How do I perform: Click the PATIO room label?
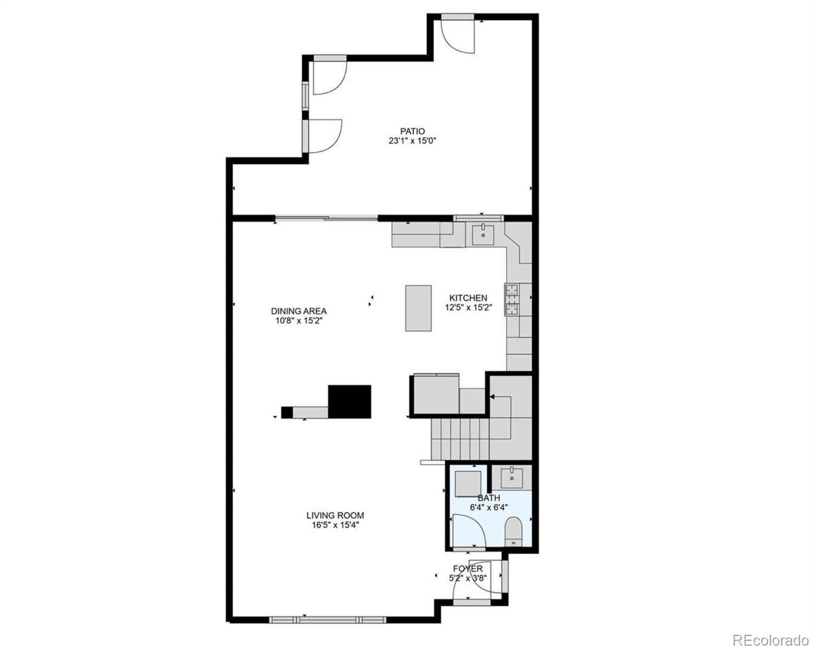click(x=412, y=131)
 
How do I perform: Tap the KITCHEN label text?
click(x=468, y=298)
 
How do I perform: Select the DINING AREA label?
click(x=298, y=311)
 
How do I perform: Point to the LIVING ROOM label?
click(x=335, y=516)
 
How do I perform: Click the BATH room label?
click(x=489, y=498)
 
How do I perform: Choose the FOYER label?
click(x=468, y=569)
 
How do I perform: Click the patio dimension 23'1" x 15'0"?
click(x=412, y=141)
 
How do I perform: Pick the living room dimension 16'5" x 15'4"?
click(x=335, y=525)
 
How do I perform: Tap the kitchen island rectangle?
click(x=418, y=308)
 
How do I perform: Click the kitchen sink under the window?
click(x=483, y=235)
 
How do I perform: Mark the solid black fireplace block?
click(x=350, y=401)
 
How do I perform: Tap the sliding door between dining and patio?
click(x=326, y=218)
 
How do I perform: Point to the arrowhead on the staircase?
click(x=492, y=397)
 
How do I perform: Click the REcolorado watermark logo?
click(x=770, y=640)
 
